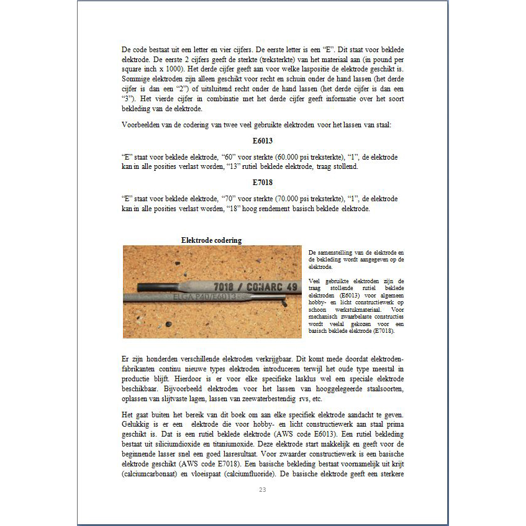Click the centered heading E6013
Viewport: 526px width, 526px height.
(x=263, y=141)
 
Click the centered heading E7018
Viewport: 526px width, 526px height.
(x=263, y=183)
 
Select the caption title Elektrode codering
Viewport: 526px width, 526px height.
(x=211, y=240)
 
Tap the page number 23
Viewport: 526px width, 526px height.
(x=262, y=490)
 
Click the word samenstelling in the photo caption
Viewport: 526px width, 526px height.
(x=345, y=252)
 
